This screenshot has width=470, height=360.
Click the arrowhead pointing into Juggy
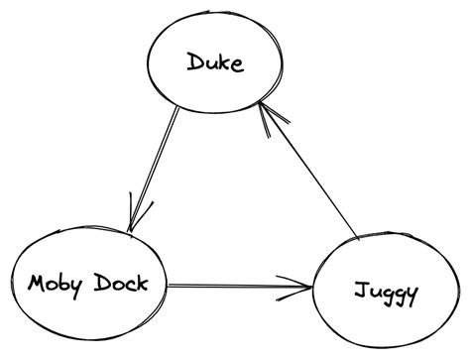(302, 289)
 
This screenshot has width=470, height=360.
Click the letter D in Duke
(192, 63)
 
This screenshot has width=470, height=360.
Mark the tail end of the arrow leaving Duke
(178, 109)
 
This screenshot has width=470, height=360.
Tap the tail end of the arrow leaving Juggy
(357, 238)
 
